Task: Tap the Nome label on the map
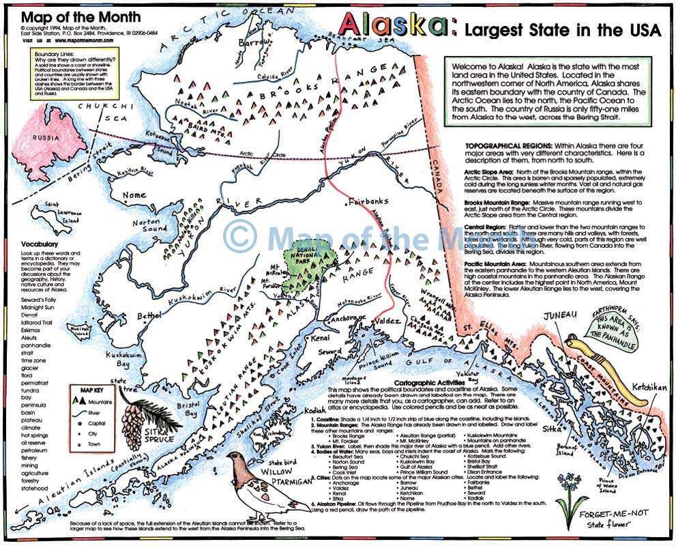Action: [x=135, y=196]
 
